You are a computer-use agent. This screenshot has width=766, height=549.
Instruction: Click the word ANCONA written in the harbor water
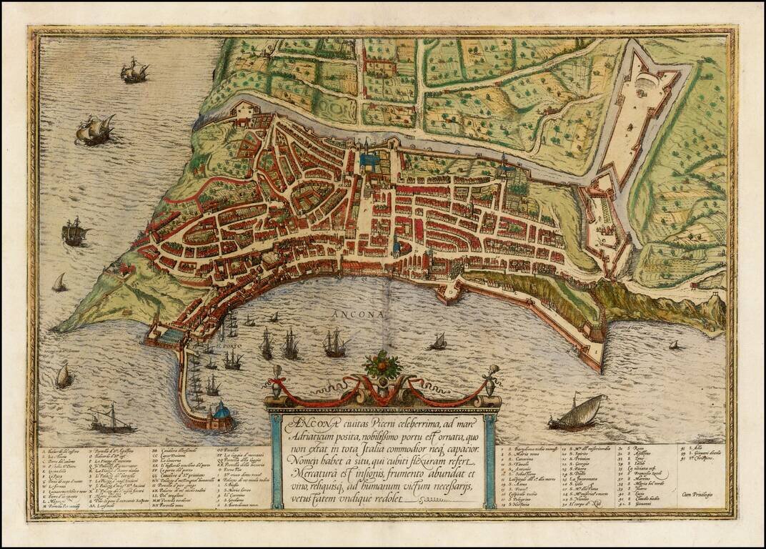[x=362, y=314]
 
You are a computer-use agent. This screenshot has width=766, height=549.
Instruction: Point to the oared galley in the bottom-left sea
[x=111, y=422]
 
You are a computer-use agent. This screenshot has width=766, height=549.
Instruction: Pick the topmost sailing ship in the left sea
[x=134, y=70]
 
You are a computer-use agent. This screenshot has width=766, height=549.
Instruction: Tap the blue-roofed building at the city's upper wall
[x=369, y=162]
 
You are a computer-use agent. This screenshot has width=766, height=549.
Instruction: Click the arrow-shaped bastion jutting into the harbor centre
[x=447, y=290]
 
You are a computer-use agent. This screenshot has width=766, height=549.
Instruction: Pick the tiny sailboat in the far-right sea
[x=674, y=345]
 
